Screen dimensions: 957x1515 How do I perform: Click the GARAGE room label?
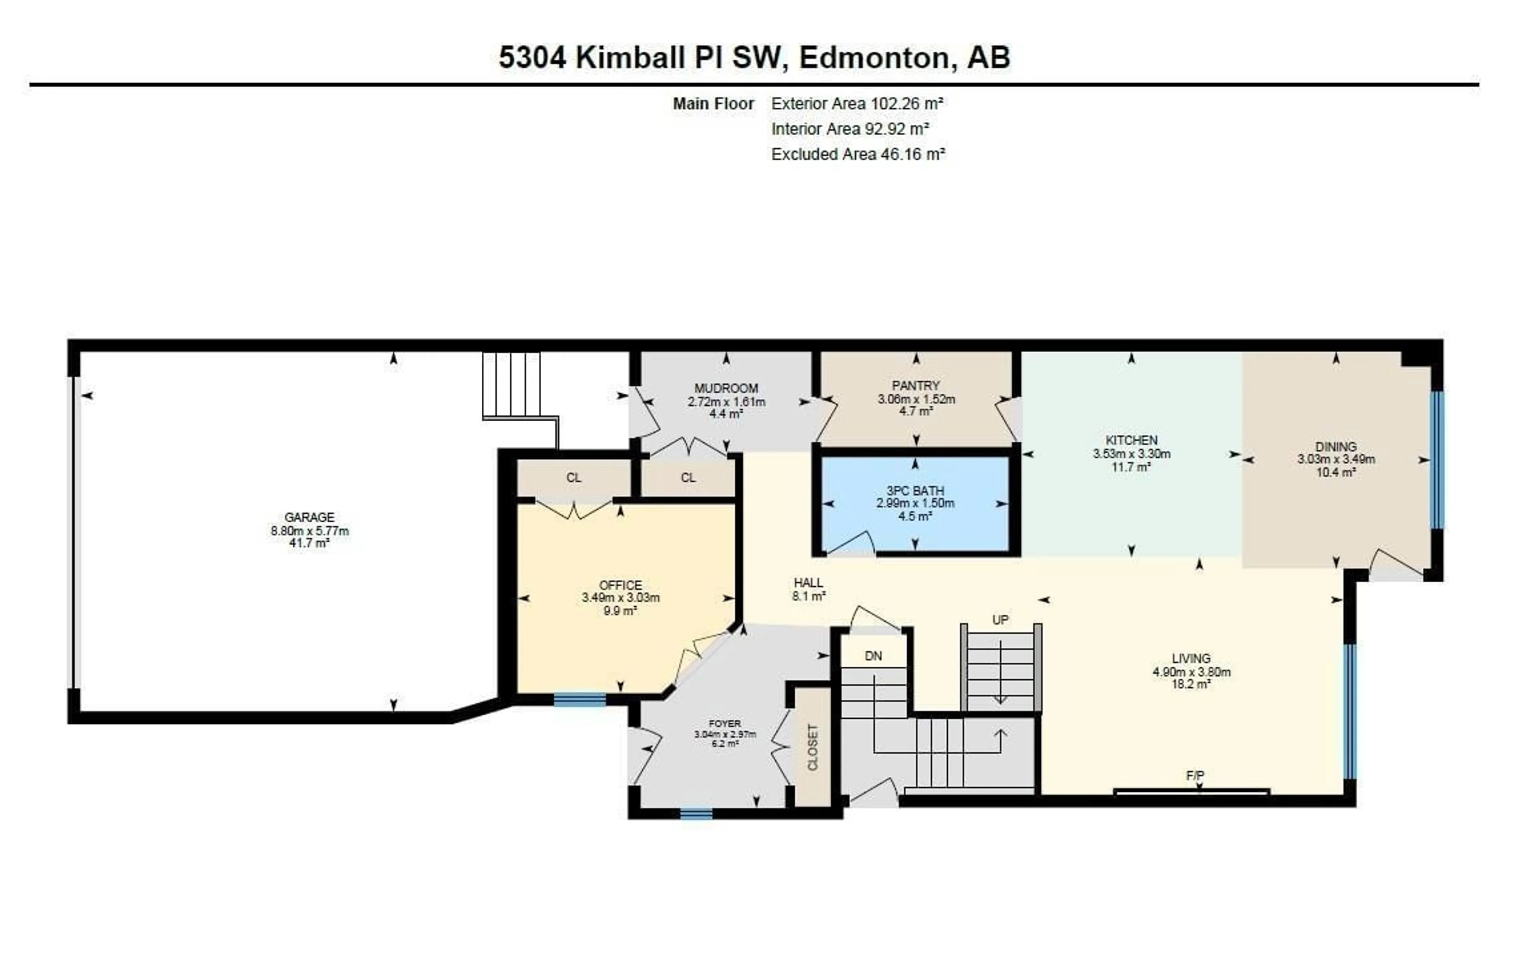tap(309, 517)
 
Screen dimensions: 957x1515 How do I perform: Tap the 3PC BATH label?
tap(915, 491)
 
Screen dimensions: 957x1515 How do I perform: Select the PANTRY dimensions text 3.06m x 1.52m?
tap(916, 399)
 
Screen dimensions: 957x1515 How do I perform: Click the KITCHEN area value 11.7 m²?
tap(1131, 467)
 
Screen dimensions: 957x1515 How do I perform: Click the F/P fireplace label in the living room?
tap(1195, 776)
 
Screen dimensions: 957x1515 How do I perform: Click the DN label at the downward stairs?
tap(873, 656)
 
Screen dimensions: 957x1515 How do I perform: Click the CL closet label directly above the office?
tap(573, 478)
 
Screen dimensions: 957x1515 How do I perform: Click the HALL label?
tap(808, 583)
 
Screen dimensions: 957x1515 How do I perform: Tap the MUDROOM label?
tap(726, 388)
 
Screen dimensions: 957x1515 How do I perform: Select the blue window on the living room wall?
tap(1350, 711)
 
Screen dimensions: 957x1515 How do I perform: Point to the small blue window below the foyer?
tap(696, 814)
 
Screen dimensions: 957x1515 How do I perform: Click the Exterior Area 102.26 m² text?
tap(857, 104)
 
